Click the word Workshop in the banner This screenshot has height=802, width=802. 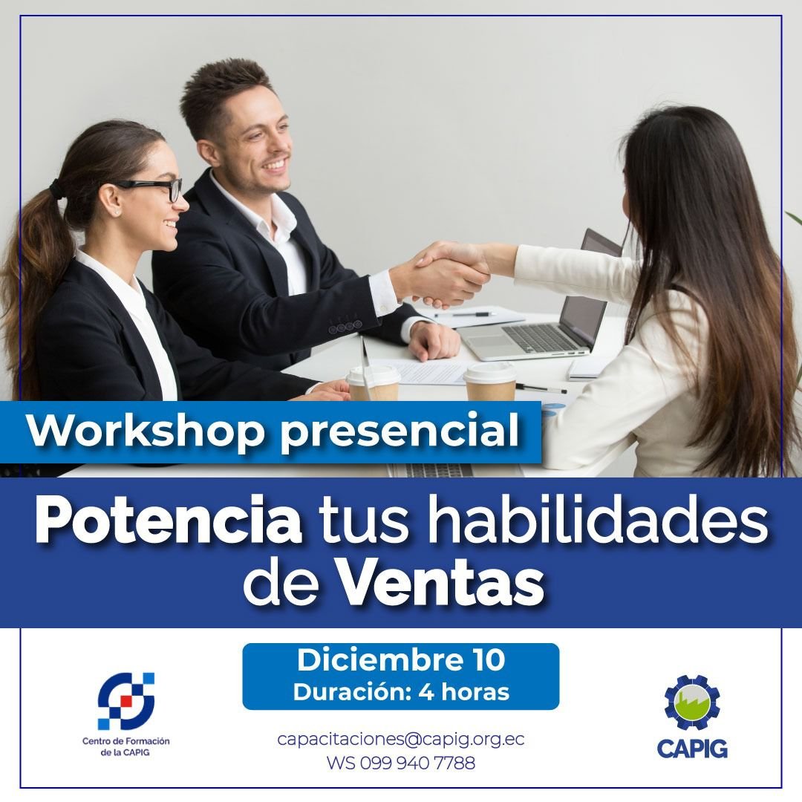tap(146, 431)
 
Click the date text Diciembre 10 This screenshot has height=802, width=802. tap(400, 659)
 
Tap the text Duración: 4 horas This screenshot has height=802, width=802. tap(401, 691)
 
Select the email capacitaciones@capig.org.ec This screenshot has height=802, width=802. tap(400, 740)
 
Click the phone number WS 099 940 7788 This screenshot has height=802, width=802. tap(400, 763)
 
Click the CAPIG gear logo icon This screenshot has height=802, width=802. tap(692, 702)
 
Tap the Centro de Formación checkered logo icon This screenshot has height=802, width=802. tap(125, 701)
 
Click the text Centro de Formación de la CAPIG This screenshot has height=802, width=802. tap(125, 746)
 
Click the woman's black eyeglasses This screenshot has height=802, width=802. tap(151, 188)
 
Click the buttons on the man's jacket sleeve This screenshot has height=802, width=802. tap(345, 325)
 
